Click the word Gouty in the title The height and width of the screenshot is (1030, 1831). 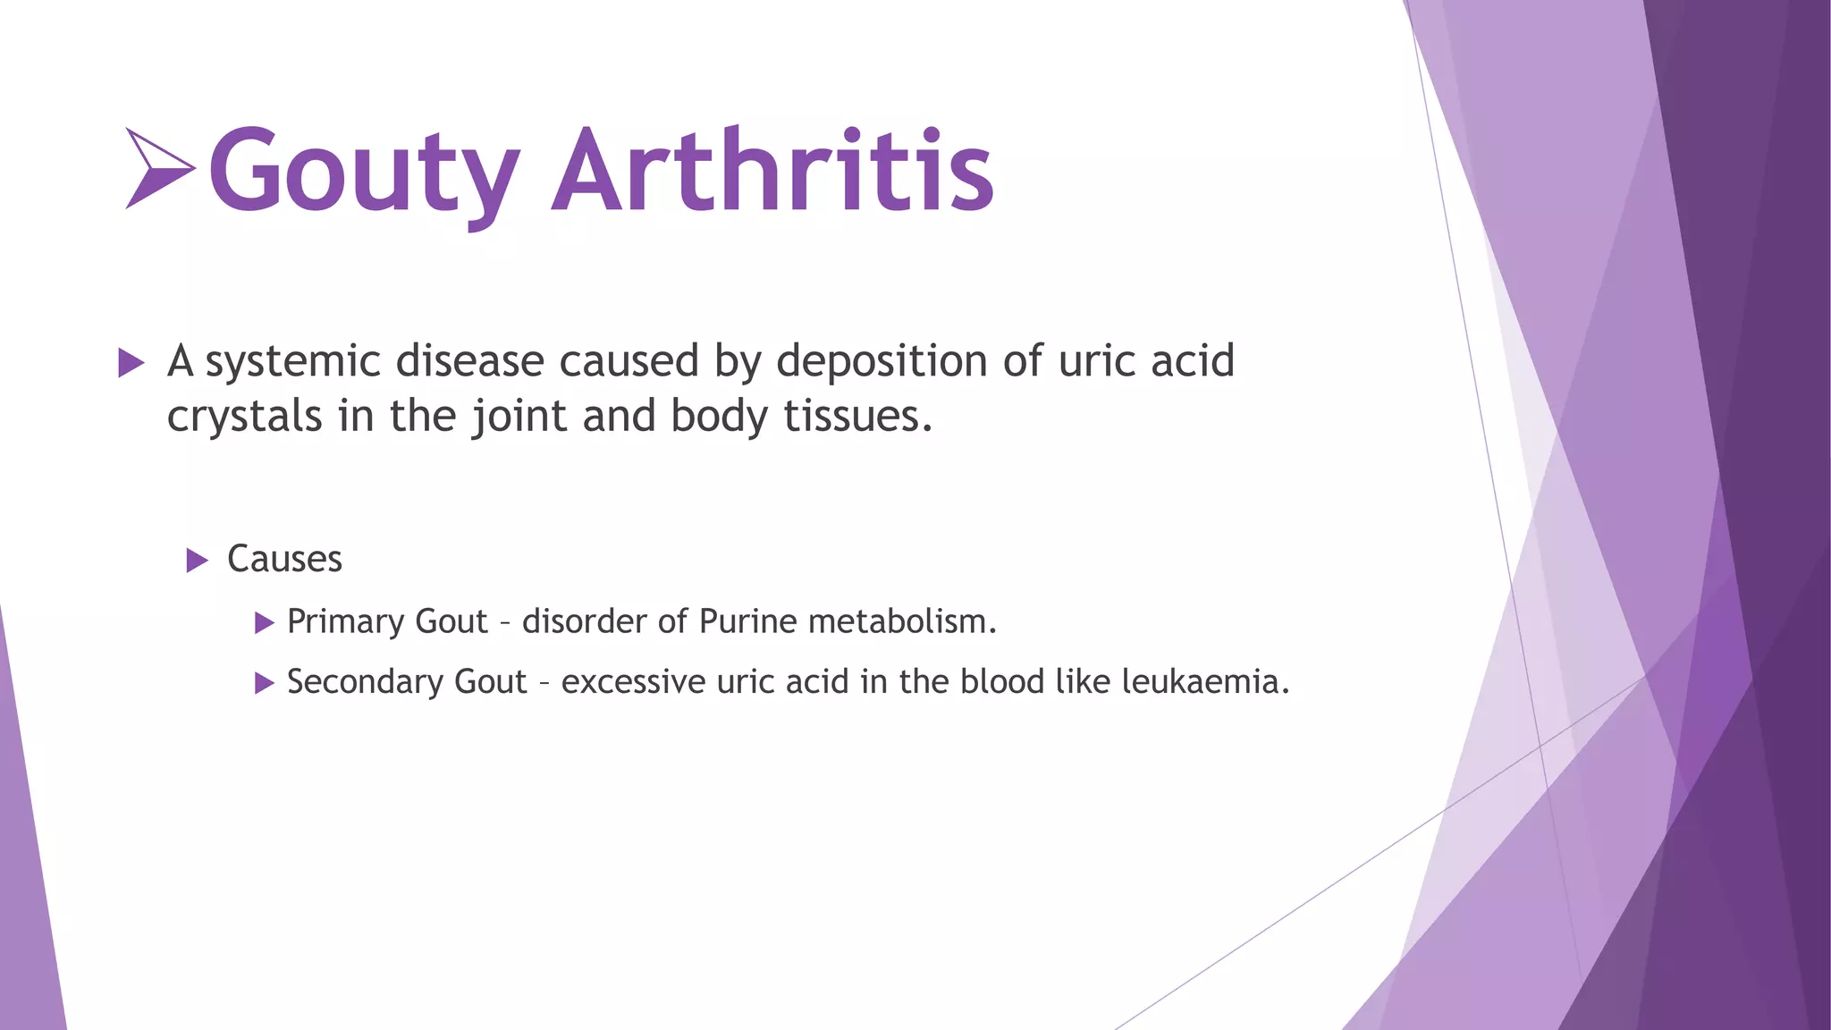coord(363,172)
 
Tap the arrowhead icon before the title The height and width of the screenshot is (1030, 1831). coord(159,168)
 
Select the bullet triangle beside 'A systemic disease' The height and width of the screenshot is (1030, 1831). coord(131,363)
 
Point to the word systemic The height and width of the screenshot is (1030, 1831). coord(292,362)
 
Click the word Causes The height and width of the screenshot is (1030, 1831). coord(284,560)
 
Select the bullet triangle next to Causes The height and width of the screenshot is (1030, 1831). coord(197,561)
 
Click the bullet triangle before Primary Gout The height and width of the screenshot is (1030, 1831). coord(264,622)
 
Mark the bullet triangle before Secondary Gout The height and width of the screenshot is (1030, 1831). coord(264,683)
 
